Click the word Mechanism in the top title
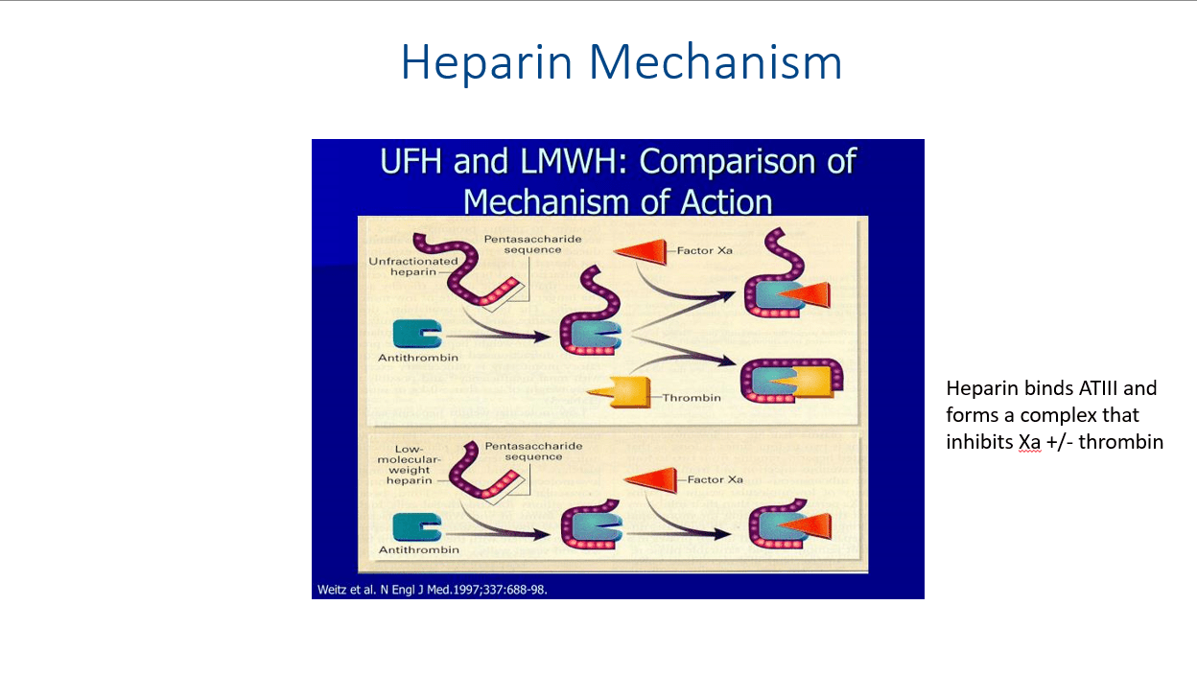click(x=716, y=61)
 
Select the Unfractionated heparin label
click(x=413, y=267)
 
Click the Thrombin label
click(x=692, y=398)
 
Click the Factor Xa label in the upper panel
click(x=704, y=250)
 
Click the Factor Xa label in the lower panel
click(x=715, y=479)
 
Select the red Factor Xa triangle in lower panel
click(x=651, y=479)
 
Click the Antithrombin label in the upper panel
click(x=418, y=358)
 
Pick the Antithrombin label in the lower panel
click(x=419, y=549)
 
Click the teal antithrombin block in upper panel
click(x=417, y=335)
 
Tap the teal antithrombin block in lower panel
click(x=417, y=527)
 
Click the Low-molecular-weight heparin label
click(x=409, y=465)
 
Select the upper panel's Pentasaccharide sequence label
click(x=532, y=244)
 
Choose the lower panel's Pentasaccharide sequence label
click(x=533, y=452)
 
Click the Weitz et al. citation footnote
click(x=432, y=590)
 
